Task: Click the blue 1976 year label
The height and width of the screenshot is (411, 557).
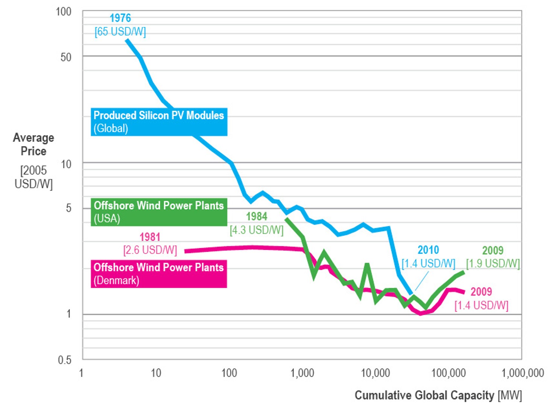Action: pyautogui.click(x=120, y=18)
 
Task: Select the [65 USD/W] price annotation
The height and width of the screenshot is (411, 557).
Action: pyautogui.click(x=120, y=32)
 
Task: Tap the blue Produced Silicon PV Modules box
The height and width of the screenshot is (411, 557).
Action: pyautogui.click(x=158, y=122)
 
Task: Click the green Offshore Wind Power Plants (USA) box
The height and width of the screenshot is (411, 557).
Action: pyautogui.click(x=158, y=212)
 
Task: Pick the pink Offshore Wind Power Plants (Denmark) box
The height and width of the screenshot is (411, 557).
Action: pyautogui.click(x=158, y=274)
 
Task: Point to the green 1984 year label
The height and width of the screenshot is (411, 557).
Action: pyautogui.click(x=256, y=216)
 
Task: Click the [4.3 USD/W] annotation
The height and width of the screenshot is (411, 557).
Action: pyautogui.click(x=256, y=230)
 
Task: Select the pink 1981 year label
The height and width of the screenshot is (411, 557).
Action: pyautogui.click(x=150, y=237)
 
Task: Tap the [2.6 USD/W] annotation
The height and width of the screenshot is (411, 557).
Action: pyautogui.click(x=150, y=250)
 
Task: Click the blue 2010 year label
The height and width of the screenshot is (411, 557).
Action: pyautogui.click(x=428, y=250)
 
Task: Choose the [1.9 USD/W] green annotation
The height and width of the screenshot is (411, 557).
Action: pyautogui.click(x=493, y=264)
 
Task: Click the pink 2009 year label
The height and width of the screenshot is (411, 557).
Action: pyautogui.click(x=481, y=292)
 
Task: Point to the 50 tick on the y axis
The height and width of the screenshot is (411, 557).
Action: pyautogui.click(x=66, y=57)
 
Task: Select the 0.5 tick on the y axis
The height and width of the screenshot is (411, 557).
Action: pyautogui.click(x=64, y=360)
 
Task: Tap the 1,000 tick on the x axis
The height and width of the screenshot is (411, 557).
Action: pyautogui.click(x=302, y=373)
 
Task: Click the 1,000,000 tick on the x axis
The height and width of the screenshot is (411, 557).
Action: pyautogui.click(x=522, y=373)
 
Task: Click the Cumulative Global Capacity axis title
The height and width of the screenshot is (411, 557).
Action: pyautogui.click(x=438, y=395)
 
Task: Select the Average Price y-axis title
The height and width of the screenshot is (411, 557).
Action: pyautogui.click(x=33, y=144)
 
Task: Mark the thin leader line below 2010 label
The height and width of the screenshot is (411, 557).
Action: pyautogui.click(x=422, y=281)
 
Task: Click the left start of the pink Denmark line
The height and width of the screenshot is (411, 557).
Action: pyautogui.click(x=186, y=251)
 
